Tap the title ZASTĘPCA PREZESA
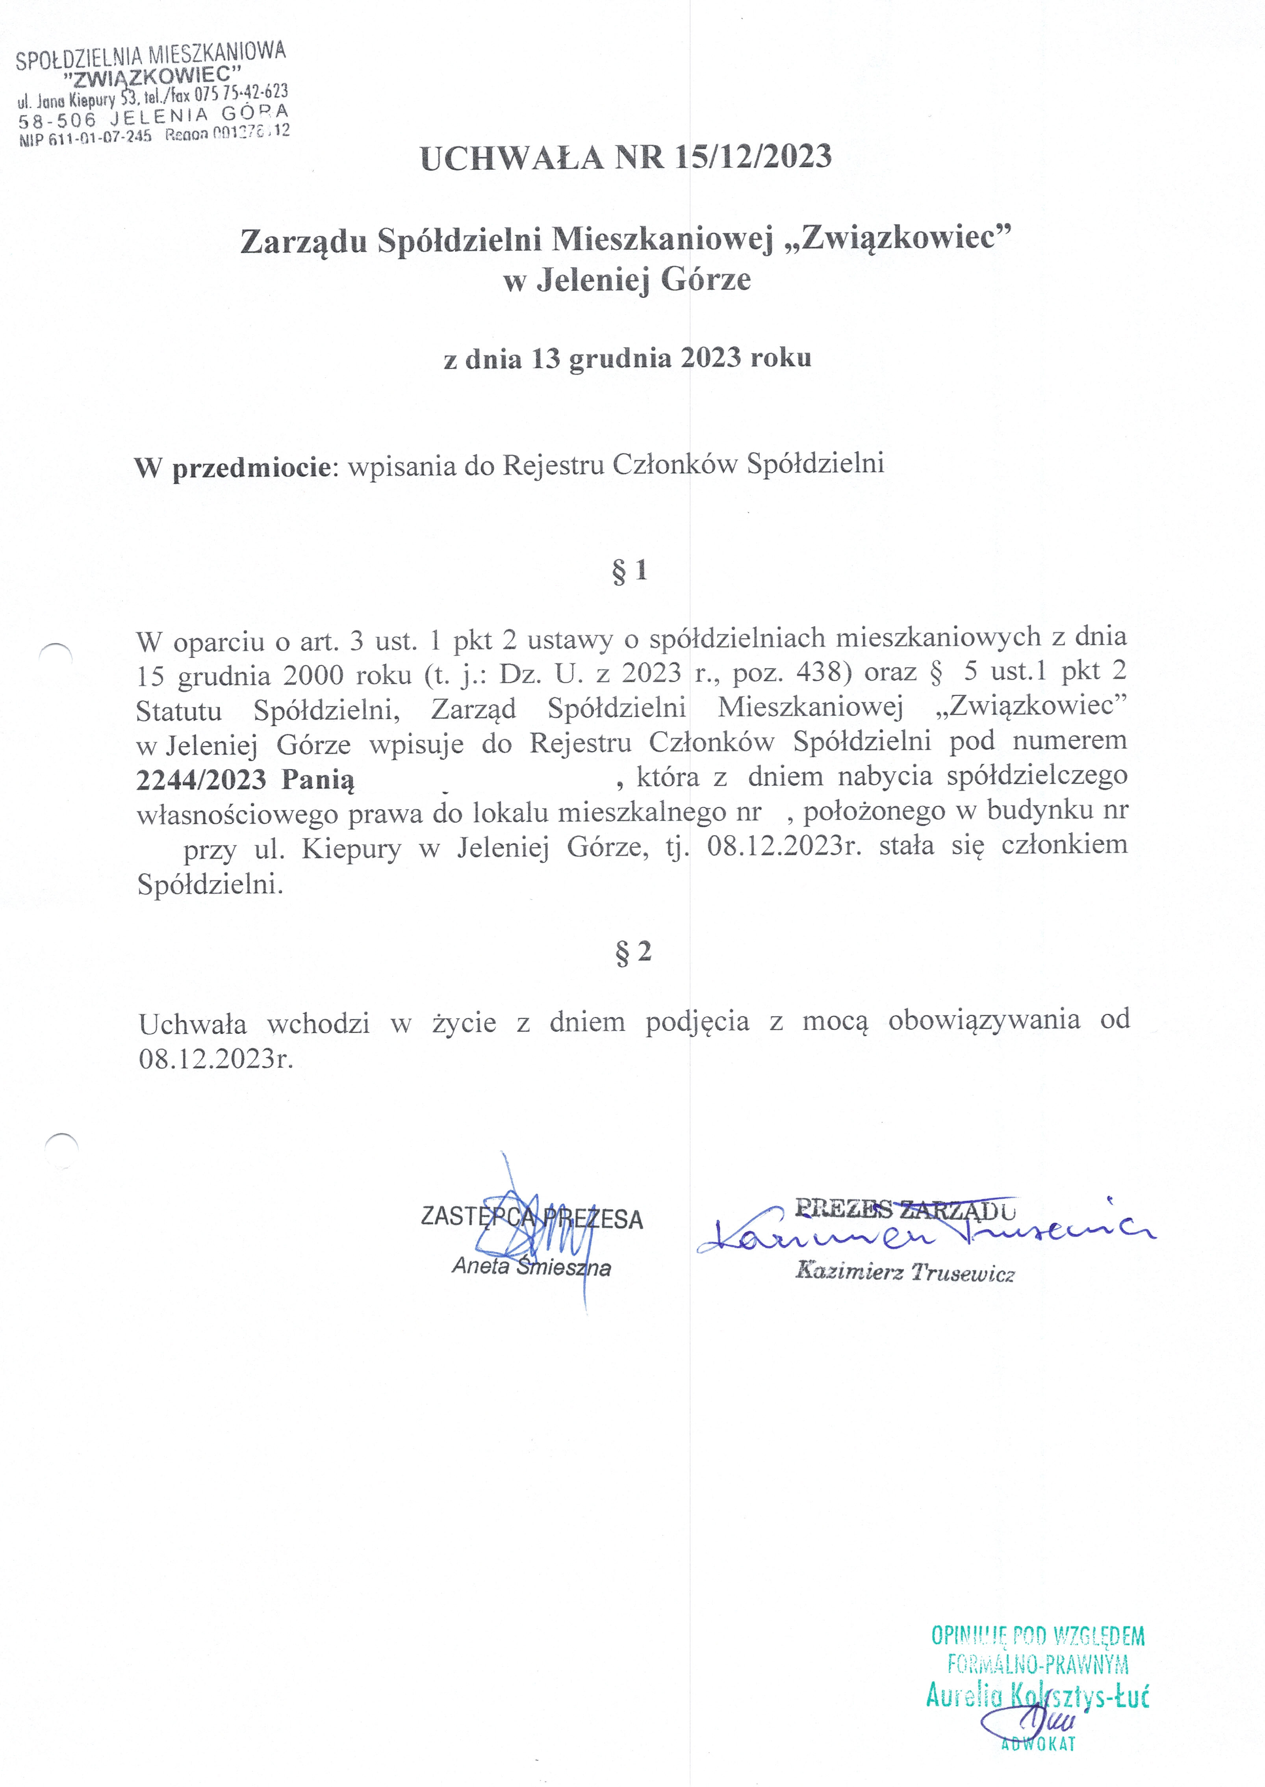531,1218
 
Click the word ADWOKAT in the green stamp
1038,1743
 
